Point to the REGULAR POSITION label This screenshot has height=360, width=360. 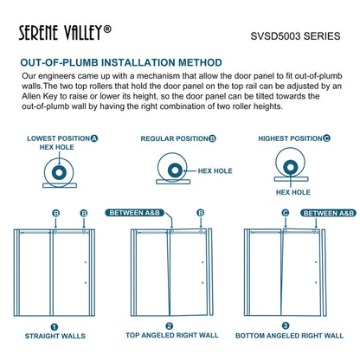(x=178, y=138)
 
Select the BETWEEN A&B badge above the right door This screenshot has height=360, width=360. (x=328, y=212)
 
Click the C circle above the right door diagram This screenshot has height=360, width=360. (x=285, y=212)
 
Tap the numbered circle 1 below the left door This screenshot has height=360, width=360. (x=54, y=326)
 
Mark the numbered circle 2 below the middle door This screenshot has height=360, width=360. (x=170, y=326)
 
